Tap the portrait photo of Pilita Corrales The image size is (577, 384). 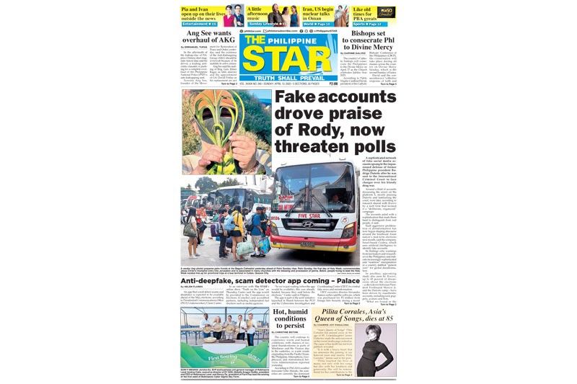coord(375,342)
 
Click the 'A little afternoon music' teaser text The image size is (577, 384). coord(251,12)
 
